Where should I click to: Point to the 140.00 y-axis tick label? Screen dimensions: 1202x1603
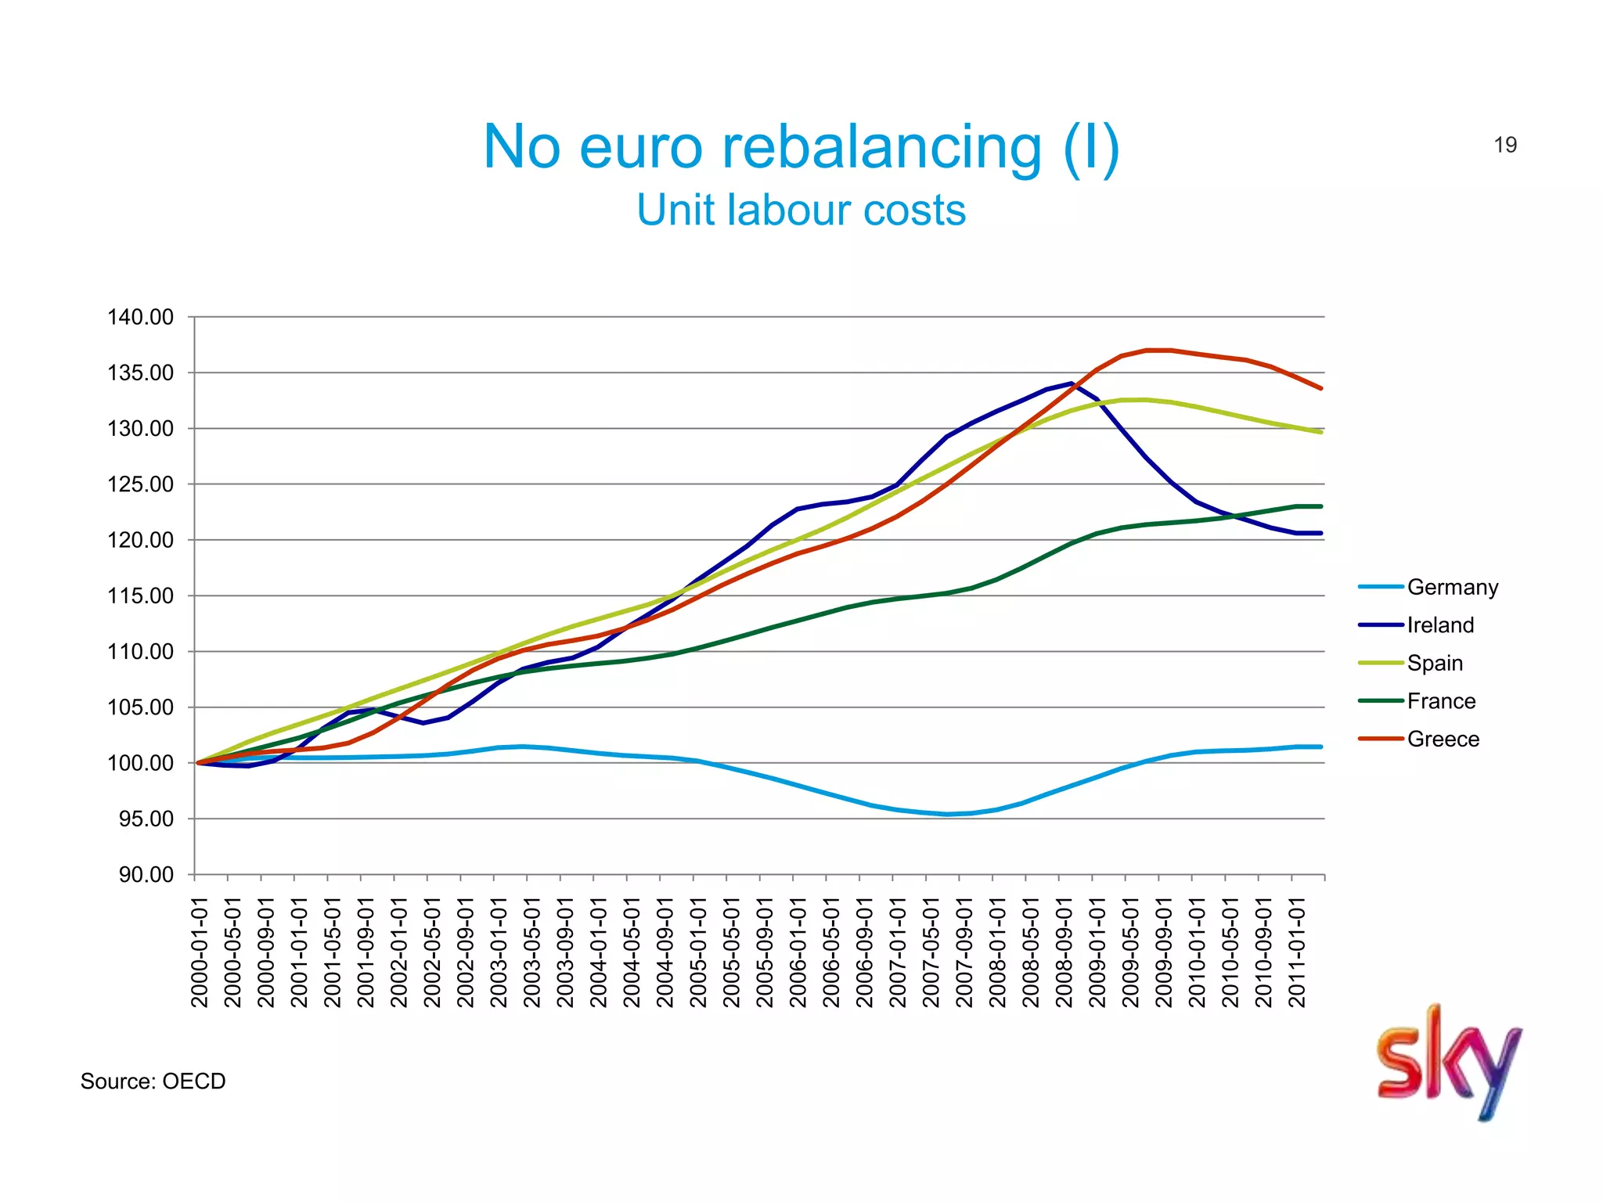(140, 317)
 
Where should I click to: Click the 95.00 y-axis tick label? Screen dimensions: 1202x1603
(146, 819)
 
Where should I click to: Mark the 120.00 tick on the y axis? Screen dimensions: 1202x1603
(140, 540)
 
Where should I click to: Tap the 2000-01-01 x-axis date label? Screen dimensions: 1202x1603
(200, 952)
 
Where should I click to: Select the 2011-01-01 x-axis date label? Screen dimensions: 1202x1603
(1297, 952)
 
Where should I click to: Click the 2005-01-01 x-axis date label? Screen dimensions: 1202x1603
(698, 952)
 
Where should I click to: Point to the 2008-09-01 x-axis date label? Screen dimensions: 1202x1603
(1064, 952)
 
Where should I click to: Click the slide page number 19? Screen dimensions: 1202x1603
(1504, 145)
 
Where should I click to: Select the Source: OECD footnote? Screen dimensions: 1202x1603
(153, 1081)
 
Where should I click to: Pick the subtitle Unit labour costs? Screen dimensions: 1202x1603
(801, 210)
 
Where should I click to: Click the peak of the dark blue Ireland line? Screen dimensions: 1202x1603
(1071, 383)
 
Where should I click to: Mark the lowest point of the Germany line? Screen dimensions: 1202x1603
(947, 814)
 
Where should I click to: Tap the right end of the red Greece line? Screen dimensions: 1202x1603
(1320, 387)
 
